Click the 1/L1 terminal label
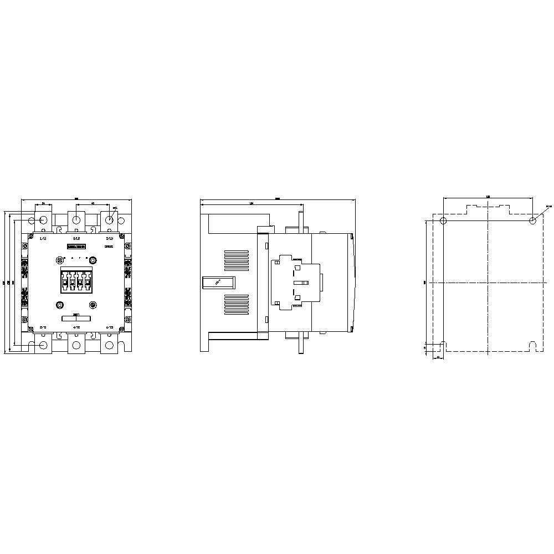pos(43,238)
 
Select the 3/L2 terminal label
pos(76,238)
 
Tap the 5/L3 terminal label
pos(109,238)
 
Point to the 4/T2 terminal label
pos(76,327)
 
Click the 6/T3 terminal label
pos(109,327)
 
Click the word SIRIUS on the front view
pos(109,245)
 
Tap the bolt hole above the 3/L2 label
pos(76,220)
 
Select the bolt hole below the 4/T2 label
pos(76,346)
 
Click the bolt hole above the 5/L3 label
pos(110,220)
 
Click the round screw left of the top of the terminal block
pos(60,259)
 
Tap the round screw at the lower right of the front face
pos(93,304)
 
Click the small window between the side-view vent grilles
pos(218,283)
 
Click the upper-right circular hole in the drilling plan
pos(532,221)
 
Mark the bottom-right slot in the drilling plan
pos(532,346)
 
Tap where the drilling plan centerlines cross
pos(488,283)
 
